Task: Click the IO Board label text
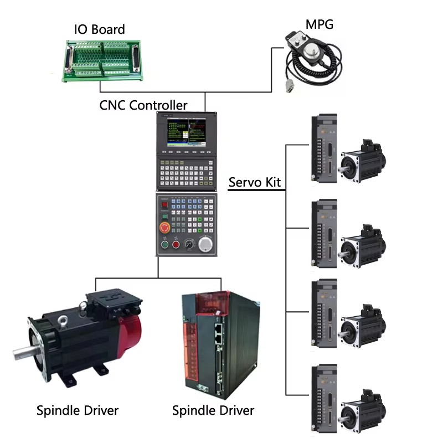(100, 29)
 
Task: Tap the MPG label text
(320, 24)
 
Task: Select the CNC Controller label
(143, 105)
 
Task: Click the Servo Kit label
(254, 182)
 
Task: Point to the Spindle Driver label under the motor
(78, 410)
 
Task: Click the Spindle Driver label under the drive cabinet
(213, 410)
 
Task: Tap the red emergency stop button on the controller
(164, 228)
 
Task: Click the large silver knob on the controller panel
(205, 244)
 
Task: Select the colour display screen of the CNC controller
(187, 132)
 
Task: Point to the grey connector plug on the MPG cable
(291, 86)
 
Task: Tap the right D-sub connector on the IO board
(136, 59)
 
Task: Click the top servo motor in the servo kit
(363, 161)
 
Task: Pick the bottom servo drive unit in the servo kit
(324, 398)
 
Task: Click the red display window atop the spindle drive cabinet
(213, 303)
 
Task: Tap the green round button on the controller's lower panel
(164, 244)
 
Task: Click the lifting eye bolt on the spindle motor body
(63, 320)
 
